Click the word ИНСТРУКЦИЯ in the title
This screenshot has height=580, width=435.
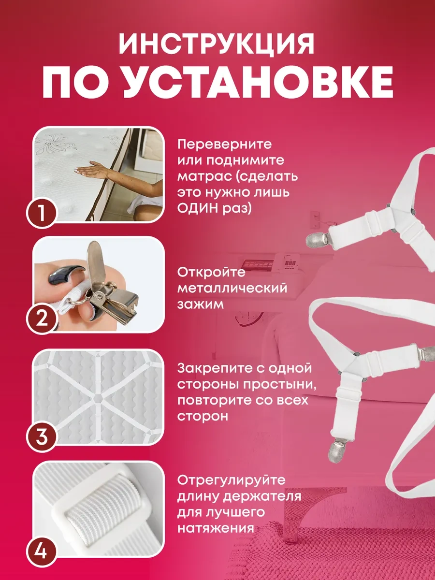tap(217, 44)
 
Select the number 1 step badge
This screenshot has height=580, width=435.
tap(42, 213)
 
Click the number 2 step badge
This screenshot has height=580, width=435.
tap(42, 319)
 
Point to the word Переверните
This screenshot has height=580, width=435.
tap(224, 145)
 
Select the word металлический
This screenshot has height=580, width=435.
tap(232, 288)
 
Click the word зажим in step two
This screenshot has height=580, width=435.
tap(201, 304)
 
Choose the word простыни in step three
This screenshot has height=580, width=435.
tap(280, 385)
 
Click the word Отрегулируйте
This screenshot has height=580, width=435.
tap(232, 480)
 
